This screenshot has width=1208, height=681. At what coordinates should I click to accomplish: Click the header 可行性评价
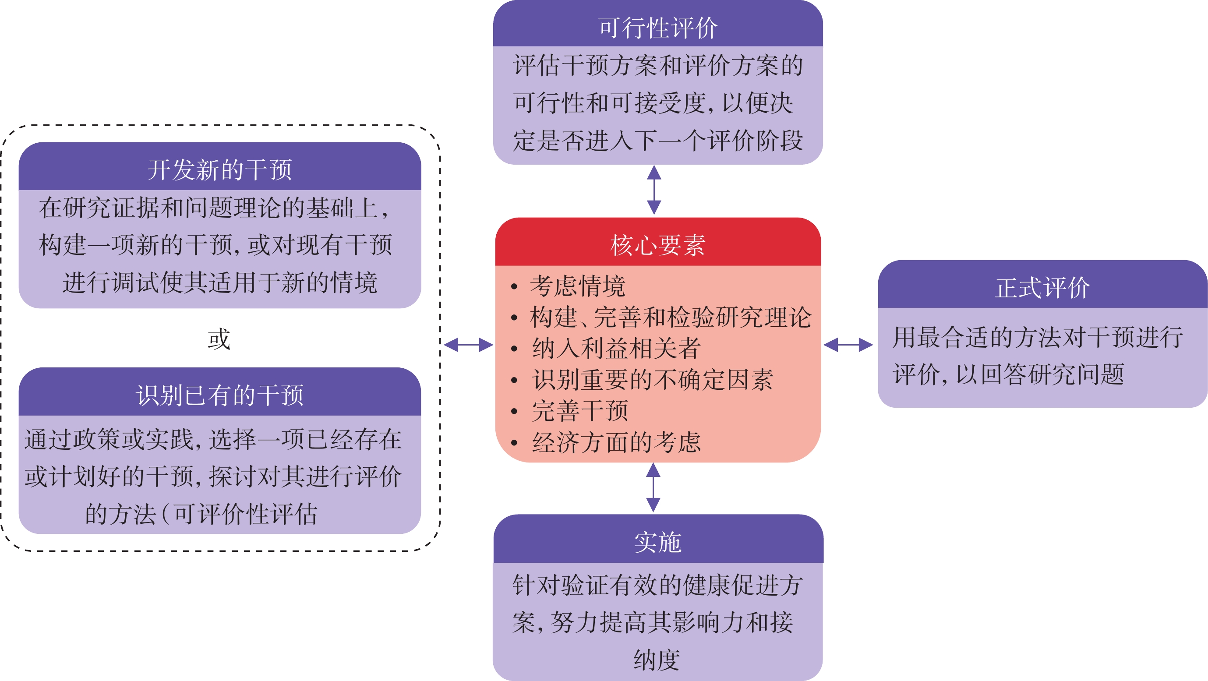pyautogui.click(x=657, y=28)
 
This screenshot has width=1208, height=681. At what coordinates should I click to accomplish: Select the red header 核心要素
pyautogui.click(x=657, y=245)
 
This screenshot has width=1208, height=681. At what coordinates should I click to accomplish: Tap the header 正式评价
pyautogui.click(x=1042, y=287)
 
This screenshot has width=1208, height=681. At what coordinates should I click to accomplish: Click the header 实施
pyautogui.click(x=657, y=542)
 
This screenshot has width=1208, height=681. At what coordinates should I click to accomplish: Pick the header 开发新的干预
pyautogui.click(x=219, y=170)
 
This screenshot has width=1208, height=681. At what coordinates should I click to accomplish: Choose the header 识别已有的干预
pyautogui.click(x=219, y=395)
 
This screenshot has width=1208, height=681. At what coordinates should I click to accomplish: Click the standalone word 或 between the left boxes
pyautogui.click(x=219, y=339)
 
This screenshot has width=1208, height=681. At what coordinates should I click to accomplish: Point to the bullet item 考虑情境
pyautogui.click(x=577, y=286)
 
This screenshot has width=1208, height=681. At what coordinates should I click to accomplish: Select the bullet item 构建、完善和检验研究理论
pyautogui.click(x=671, y=317)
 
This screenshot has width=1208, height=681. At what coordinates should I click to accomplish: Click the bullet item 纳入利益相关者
pyautogui.click(x=616, y=349)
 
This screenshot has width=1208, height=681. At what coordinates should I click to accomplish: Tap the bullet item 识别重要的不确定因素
pyautogui.click(x=652, y=379)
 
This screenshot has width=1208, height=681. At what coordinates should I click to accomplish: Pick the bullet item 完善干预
pyautogui.click(x=579, y=411)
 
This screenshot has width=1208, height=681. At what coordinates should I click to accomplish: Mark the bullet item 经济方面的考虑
pyautogui.click(x=616, y=442)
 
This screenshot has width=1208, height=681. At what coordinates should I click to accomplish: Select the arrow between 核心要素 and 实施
pyautogui.click(x=653, y=487)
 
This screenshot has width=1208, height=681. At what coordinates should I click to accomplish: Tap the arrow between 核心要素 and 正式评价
pyautogui.click(x=848, y=345)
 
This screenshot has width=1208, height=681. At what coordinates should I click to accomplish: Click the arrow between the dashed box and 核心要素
pyautogui.click(x=469, y=345)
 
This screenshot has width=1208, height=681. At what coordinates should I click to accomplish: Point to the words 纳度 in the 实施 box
pyautogui.click(x=657, y=660)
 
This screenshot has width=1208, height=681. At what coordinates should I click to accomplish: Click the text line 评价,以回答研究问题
pyautogui.click(x=1008, y=374)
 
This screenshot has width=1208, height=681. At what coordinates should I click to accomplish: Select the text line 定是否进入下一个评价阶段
pyautogui.click(x=657, y=140)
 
